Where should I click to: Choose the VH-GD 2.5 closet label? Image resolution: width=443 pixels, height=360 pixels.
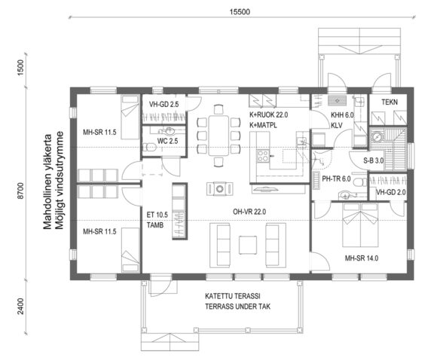(161, 104)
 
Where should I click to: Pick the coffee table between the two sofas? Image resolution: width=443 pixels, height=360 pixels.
(247, 243)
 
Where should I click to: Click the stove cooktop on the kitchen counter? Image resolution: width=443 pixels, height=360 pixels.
(265, 157)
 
